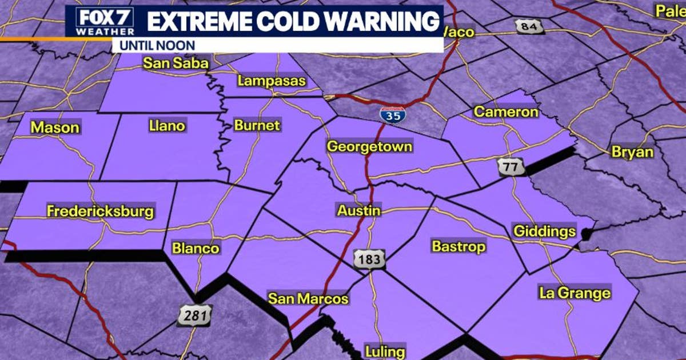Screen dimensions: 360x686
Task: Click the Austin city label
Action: click(359, 211)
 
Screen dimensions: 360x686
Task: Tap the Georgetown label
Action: click(369, 146)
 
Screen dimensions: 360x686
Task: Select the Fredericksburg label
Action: click(101, 211)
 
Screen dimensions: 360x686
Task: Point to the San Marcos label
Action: click(308, 299)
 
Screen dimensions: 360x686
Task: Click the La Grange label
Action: click(575, 294)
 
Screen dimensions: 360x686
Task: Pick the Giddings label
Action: click(544, 231)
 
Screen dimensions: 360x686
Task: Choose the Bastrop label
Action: click(458, 246)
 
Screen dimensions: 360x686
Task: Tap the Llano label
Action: click(167, 125)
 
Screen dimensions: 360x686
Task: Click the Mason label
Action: click(55, 127)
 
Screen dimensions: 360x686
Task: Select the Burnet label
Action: click(257, 125)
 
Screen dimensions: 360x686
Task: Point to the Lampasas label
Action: click(272, 81)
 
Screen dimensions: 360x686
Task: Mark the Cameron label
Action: click(506, 112)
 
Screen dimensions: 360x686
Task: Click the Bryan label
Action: click(632, 152)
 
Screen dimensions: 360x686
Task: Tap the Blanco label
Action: click(196, 249)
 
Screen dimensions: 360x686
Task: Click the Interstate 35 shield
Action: click(392, 115)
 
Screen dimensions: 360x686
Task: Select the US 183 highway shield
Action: click(369, 259)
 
